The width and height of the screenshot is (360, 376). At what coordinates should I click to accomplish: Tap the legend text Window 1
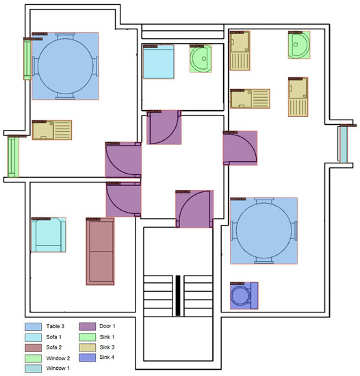pos(60,368)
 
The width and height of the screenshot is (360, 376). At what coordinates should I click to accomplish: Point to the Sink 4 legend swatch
pos(88,358)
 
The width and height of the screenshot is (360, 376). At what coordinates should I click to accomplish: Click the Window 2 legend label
pos(60,358)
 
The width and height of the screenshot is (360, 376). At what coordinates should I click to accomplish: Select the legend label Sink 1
pos(112,337)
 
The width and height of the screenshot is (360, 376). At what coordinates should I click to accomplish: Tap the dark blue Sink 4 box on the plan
pos(244,295)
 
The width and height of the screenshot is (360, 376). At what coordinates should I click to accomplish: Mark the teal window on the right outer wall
pos(343,144)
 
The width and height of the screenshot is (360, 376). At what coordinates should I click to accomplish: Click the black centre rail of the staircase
pos(178,295)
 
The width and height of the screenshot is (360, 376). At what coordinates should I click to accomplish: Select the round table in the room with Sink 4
pos(263,231)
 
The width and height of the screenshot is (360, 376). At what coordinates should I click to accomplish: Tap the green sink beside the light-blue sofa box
pos(201,59)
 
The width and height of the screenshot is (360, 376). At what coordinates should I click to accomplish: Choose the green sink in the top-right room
pos(299,45)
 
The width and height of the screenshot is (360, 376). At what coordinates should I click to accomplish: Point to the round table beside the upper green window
pos(65,66)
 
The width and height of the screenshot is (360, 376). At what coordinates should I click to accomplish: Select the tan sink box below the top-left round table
pos(52,131)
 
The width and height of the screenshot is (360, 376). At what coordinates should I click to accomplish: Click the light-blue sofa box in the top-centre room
pos(159,63)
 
